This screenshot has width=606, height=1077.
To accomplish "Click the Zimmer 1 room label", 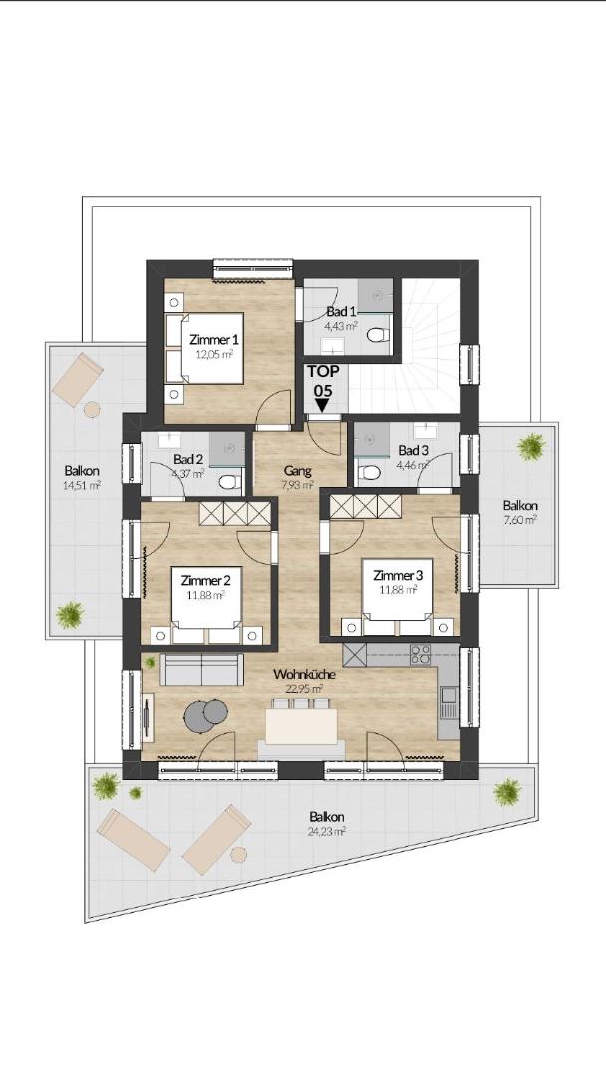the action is [x=214, y=339].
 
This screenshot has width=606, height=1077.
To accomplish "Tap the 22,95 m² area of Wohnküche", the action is [x=304, y=688].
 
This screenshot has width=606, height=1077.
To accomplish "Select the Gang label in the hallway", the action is [x=297, y=471].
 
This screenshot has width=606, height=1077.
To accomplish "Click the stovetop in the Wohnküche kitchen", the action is [x=420, y=654].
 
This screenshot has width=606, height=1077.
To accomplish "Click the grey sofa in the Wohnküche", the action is [x=201, y=670].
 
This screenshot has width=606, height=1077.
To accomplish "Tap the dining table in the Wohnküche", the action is [x=301, y=726].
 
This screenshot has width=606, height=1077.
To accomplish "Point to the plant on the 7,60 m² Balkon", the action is [x=532, y=447].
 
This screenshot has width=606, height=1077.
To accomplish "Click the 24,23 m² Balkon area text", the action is [x=327, y=830].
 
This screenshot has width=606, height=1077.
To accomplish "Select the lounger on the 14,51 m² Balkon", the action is [x=77, y=379].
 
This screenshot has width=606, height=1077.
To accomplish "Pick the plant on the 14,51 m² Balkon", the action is [x=70, y=615].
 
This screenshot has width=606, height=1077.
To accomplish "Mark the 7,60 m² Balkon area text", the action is [x=519, y=520].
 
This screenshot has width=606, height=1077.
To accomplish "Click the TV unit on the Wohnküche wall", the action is [x=148, y=717].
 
